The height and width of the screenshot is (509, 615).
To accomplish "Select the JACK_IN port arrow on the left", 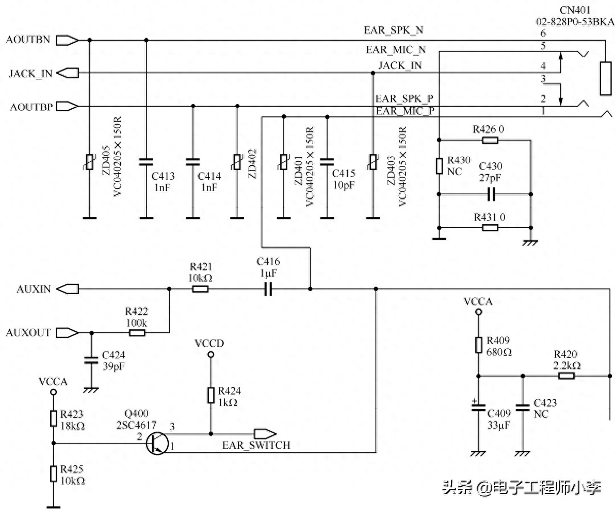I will pos(67,73).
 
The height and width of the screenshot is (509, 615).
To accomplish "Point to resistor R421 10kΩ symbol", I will pos(200,290).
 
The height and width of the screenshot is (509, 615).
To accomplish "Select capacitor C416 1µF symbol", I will pos(267,290).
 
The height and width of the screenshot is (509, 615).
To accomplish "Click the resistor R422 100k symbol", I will pos(137,333).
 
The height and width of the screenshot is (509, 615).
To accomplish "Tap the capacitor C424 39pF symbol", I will pos(91,360).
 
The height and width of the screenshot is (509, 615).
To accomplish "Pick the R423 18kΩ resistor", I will pos(53,418).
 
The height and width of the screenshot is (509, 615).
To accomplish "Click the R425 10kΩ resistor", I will pos(53,473).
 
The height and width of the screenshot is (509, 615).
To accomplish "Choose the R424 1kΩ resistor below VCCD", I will pos(211,396).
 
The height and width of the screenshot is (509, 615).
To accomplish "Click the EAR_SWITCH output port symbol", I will pos(264,433).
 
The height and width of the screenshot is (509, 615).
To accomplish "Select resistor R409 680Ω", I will pos(478,345).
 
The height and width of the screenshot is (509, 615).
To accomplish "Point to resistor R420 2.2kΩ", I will pos(566,376).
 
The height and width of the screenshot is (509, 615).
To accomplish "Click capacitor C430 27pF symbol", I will pos(491,194).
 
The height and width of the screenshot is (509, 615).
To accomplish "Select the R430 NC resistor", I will pos(439,166).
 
